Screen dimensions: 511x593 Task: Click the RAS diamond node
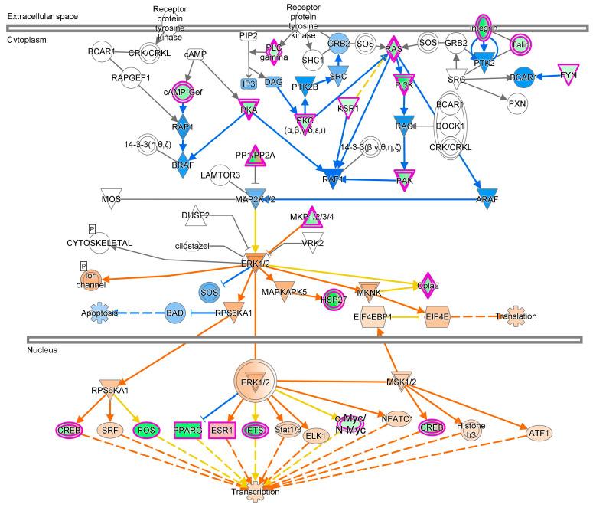pyautogui.click(x=393, y=47)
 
